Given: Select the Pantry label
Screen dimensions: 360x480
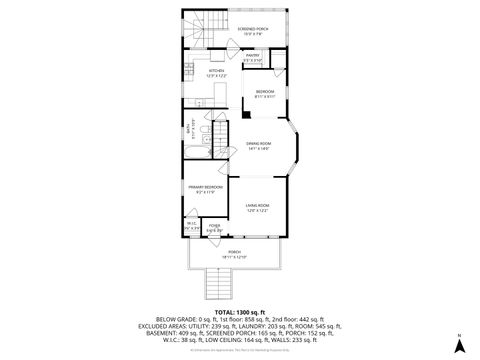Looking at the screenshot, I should click(x=253, y=57).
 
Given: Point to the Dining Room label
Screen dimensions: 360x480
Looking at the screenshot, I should click(x=260, y=146).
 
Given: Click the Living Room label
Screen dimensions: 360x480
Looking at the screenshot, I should click(x=258, y=208).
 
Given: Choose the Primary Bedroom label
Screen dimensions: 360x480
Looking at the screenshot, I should click(x=206, y=188).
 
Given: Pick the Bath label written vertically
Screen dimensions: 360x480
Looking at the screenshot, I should click(x=188, y=128).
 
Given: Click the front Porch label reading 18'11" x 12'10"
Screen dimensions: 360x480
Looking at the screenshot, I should click(x=235, y=254).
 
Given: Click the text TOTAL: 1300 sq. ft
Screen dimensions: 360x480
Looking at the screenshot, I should click(x=240, y=312).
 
